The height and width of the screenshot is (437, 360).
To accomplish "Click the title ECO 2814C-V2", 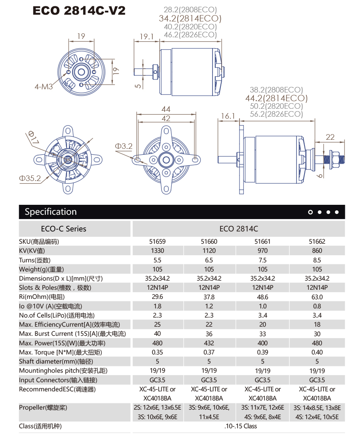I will coord(79,11).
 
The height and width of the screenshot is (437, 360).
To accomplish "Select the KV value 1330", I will coord(157,251).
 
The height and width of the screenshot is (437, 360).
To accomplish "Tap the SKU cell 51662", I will coord(317,241).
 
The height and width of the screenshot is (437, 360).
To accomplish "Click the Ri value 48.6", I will coord(262,297).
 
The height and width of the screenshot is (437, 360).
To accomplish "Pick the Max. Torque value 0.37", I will coord(209,352).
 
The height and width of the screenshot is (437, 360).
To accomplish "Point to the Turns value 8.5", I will coord(317,260).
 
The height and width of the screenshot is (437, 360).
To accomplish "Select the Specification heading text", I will coord(51,212).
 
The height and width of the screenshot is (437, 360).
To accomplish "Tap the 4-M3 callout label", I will coord(44,86).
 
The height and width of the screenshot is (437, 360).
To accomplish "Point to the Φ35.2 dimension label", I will coord(30,179).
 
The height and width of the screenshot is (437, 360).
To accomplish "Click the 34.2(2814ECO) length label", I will coord(190,18).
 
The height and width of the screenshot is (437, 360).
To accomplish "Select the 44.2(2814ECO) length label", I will coord(276,98).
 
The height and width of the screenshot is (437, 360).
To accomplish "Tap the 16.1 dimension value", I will coord(228,116).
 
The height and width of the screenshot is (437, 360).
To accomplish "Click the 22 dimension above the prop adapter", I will coord(330,137).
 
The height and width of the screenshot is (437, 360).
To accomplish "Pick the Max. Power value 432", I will coord(209,343).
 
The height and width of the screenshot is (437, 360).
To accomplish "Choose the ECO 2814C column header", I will coord(239,229).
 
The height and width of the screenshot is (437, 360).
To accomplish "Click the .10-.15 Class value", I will coord(238,426).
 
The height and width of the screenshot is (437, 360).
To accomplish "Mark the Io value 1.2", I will coord(209,306).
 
